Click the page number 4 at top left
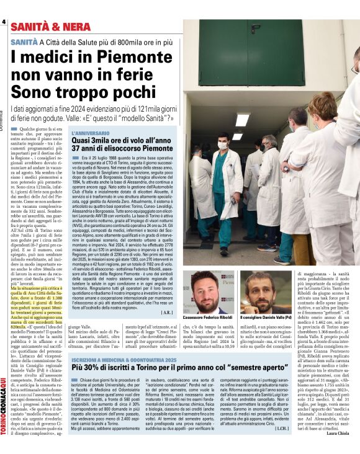(x=4, y=22)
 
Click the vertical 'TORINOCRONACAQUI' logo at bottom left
(x=6, y=410)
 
